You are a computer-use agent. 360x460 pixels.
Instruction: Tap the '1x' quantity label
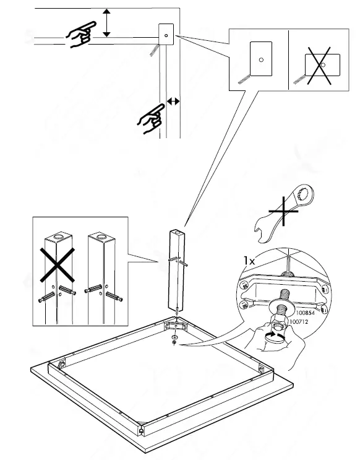[x=249, y=261]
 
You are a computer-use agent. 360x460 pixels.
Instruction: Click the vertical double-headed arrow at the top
[x=108, y=23]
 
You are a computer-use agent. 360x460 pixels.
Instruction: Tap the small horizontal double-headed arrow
[x=173, y=100]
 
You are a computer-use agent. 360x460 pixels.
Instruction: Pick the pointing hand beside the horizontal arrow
[x=151, y=117]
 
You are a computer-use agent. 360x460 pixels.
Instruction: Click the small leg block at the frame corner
[x=166, y=35]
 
